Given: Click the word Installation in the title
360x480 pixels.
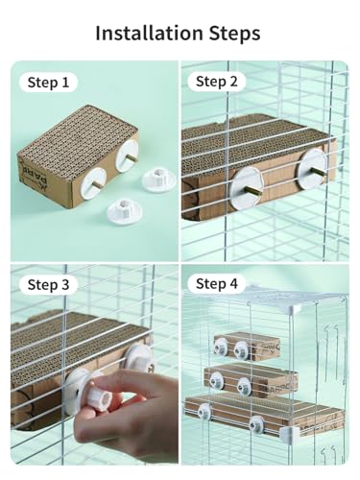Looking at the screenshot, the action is click(149, 33).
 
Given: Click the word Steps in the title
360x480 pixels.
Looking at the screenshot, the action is click(234, 34).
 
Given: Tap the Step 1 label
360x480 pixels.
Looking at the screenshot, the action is click(48, 83).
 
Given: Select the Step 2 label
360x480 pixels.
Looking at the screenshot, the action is click(217, 82).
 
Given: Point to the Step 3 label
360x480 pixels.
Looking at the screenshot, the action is click(48, 284).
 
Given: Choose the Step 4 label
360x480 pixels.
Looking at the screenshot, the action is click(217, 284).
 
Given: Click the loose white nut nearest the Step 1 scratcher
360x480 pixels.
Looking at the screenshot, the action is click(159, 180).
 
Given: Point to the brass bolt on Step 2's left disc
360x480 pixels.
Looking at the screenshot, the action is click(249, 190).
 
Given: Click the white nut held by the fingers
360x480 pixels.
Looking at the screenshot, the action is click(100, 391).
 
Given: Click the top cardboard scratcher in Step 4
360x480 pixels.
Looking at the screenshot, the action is click(247, 346).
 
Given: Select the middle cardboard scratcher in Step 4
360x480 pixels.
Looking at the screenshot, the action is click(252, 380).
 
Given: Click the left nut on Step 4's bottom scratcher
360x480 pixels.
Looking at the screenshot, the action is click(204, 412).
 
